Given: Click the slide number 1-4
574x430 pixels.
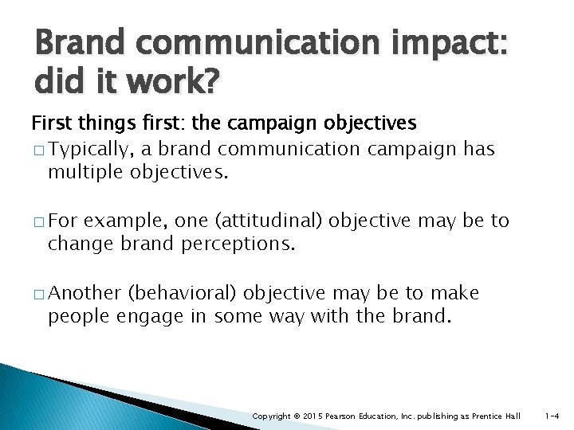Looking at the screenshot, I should (x=552, y=416).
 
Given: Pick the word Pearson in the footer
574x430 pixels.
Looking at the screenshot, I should (x=343, y=416).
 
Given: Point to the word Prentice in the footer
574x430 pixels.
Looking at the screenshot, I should (x=492, y=416).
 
